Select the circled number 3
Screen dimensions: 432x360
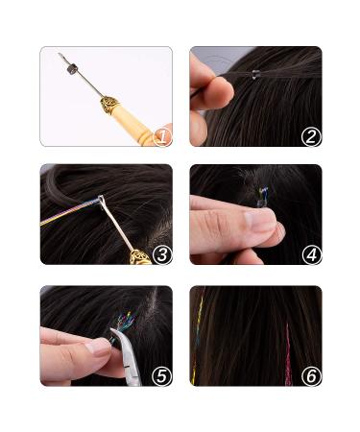click(x=160, y=254)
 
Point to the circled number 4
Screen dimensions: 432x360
click(x=309, y=254)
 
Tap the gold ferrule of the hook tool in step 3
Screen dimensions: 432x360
click(x=141, y=256)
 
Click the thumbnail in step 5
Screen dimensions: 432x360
click(x=99, y=348)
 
